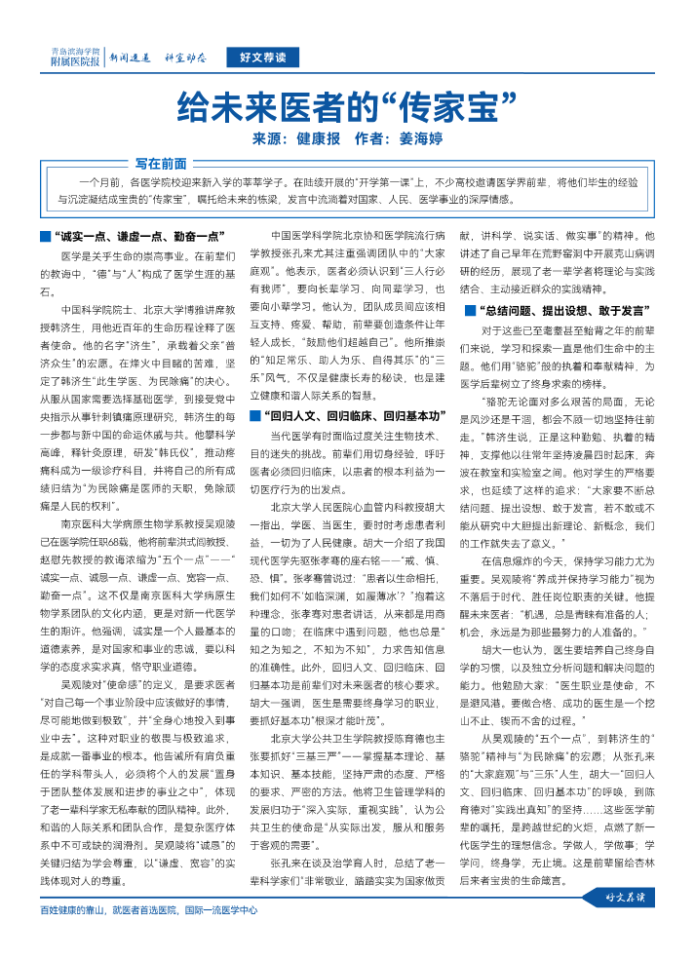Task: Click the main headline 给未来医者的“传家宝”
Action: pos(347,104)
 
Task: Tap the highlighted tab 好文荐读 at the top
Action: pos(262,58)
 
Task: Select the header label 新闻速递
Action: pos(129,58)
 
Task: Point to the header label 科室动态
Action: pos(184,58)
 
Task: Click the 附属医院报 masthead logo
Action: pos(75,57)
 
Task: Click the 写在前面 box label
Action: pos(161,164)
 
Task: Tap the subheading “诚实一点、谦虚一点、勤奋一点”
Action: pos(139,237)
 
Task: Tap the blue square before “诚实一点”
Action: pos(45,237)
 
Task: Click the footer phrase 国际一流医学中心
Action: pos(220,912)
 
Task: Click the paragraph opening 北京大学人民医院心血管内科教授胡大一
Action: pos(358,507)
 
